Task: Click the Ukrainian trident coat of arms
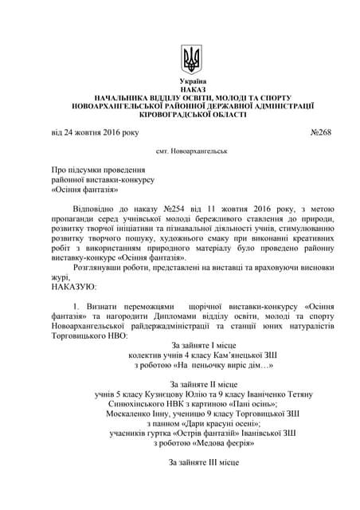[192, 58]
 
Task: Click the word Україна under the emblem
[192, 83]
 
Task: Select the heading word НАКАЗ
[192, 92]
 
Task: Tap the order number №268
[320, 131]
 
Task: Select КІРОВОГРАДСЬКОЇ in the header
[192, 116]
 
